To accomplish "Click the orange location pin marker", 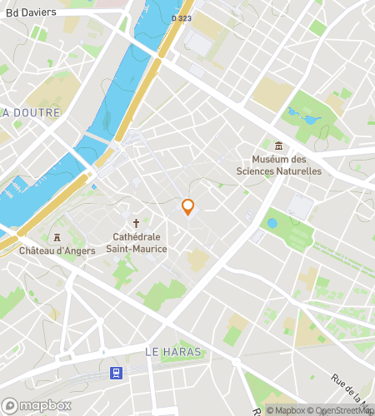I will coord(188,207).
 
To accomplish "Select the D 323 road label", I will coord(182,17).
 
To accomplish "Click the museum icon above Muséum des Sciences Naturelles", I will coord(277,146).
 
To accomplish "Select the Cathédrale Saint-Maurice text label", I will coord(139,243).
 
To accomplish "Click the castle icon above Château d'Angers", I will coord(57,236).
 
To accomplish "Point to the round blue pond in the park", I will coord(272,223).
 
